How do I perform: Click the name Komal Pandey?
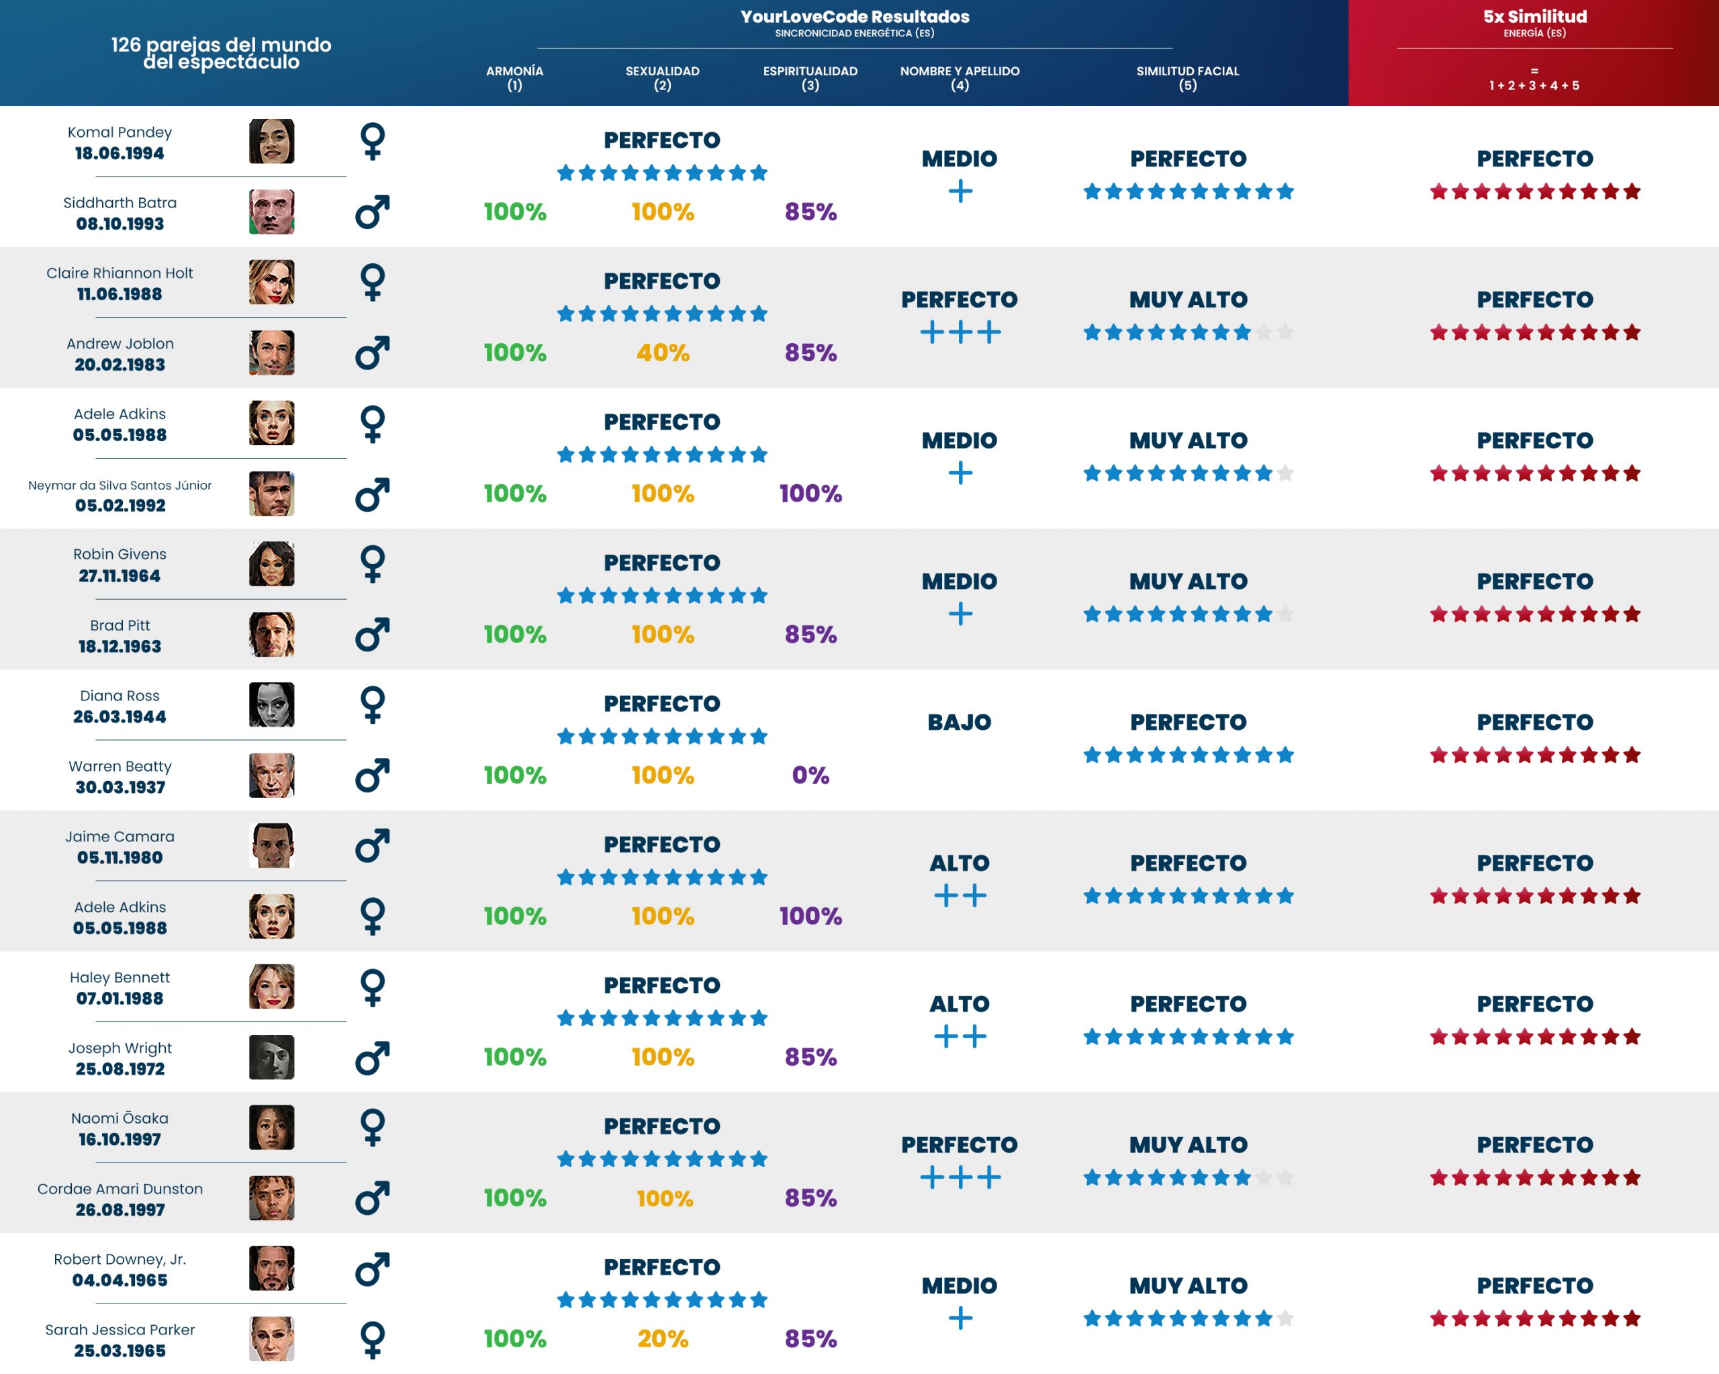pos(120,132)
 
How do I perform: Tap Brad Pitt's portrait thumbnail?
pos(271,635)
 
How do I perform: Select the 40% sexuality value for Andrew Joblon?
pos(663,353)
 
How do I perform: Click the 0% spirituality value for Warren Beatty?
pos(810,775)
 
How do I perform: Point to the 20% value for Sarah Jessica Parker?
pos(663,1338)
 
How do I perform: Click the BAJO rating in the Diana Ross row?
pos(959,723)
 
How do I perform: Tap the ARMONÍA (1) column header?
pos(514,77)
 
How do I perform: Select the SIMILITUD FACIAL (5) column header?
pos(1187,77)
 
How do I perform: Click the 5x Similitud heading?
pos(1534,17)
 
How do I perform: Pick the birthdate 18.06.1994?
pos(120,153)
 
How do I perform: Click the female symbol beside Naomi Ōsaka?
pos(373,1128)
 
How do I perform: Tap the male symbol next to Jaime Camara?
pos(373,845)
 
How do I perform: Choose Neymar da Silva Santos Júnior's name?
pos(120,485)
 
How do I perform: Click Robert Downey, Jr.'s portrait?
pos(271,1268)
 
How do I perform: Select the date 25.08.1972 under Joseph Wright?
pos(120,1068)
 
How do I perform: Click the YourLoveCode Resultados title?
pos(855,17)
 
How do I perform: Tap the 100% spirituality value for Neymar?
pos(810,494)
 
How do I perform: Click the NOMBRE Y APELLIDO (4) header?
pos(959,77)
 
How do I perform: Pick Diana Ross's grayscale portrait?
pos(271,705)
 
